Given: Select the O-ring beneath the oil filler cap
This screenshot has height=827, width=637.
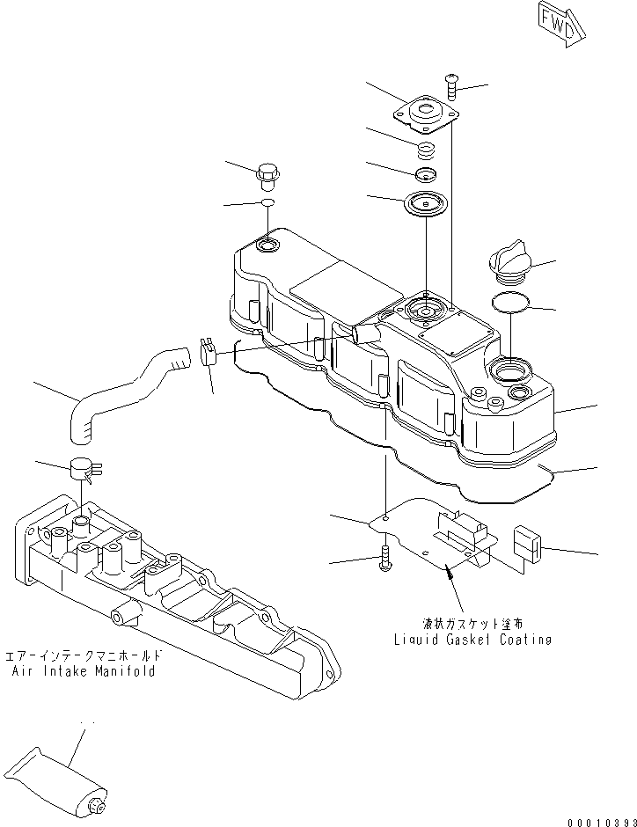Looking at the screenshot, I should click(x=510, y=303).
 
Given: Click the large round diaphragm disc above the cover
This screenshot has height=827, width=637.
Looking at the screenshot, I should click(x=425, y=204).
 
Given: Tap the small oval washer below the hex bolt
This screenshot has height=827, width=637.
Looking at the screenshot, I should click(x=267, y=204).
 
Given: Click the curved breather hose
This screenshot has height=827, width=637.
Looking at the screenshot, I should click(x=123, y=392).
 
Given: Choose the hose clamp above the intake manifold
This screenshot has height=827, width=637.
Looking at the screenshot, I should click(x=83, y=468).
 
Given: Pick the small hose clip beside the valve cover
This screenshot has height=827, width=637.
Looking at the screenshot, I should click(x=209, y=352).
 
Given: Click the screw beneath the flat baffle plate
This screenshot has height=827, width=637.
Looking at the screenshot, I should click(x=385, y=560).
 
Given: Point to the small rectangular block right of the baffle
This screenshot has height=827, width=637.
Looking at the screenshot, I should click(x=527, y=544).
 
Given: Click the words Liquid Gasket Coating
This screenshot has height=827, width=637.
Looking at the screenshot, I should click(x=473, y=640).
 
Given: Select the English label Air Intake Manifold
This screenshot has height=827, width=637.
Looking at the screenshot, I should click(x=84, y=671).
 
